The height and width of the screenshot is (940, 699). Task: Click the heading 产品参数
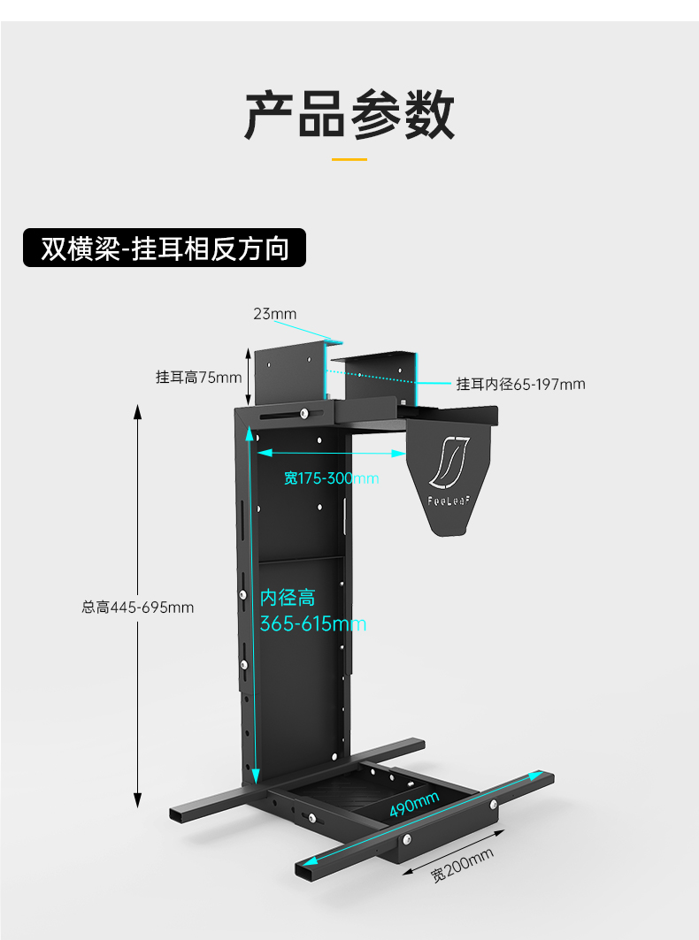coord(349,114)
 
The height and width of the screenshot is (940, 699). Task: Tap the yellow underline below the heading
coord(349,159)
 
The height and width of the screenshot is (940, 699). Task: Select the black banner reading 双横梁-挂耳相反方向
coord(165,248)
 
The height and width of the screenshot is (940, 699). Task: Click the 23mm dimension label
coord(275,314)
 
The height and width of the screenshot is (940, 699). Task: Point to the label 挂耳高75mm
coord(198,378)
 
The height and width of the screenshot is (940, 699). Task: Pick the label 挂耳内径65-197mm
coord(520,384)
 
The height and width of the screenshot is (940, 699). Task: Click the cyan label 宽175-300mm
coord(331,478)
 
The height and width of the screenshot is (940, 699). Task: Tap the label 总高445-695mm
coord(137,607)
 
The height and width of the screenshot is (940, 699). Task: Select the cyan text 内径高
coord(287,598)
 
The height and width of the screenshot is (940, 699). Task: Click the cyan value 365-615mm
coord(312,624)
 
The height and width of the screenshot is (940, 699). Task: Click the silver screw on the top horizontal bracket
coord(304,413)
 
